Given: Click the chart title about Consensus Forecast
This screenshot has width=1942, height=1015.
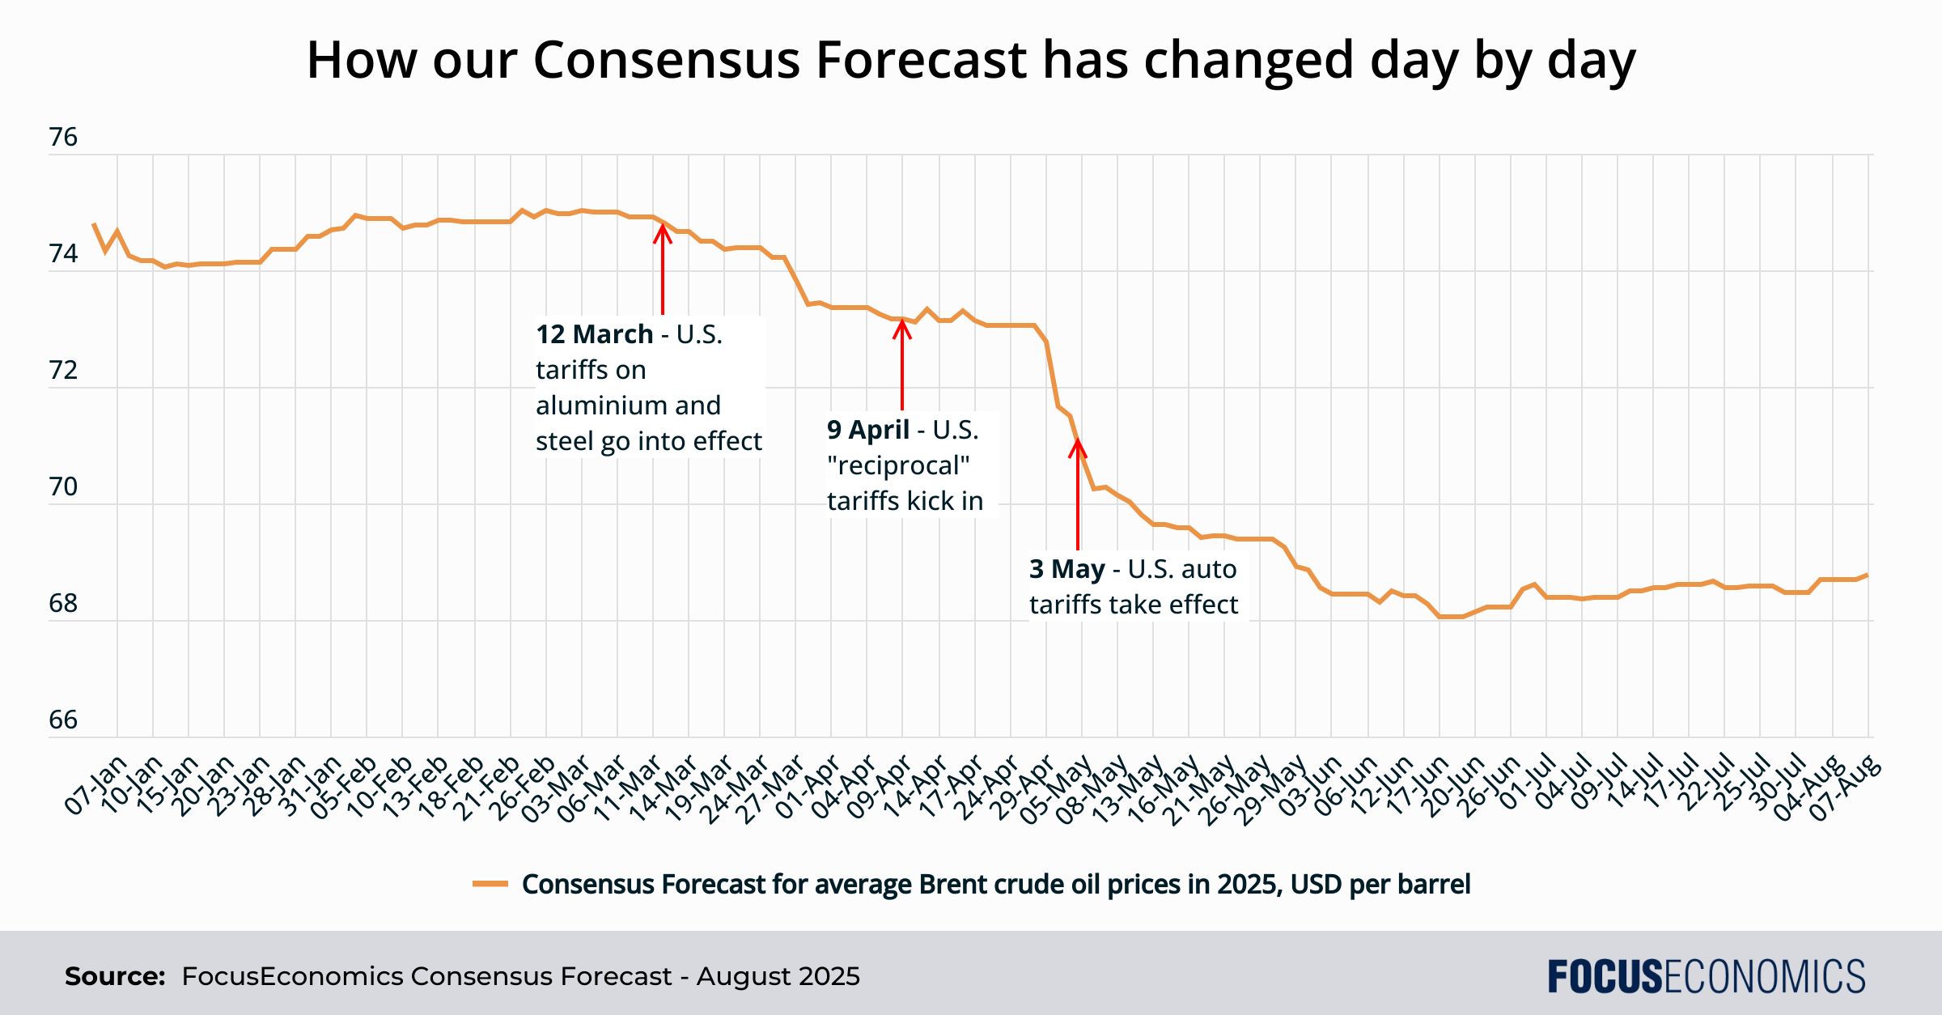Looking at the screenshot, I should click(x=971, y=60).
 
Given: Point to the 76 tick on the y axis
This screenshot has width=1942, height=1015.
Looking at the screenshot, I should click(x=63, y=138).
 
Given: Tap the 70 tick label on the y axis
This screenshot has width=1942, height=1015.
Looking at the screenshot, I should click(x=63, y=487).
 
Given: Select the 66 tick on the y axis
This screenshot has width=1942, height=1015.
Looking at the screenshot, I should click(x=63, y=720).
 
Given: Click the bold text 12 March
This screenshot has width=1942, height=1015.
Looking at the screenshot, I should click(x=595, y=334).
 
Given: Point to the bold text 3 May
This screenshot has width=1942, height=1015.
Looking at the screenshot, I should click(x=1066, y=569).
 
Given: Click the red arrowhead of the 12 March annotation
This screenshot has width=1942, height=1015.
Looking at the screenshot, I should click(x=663, y=232).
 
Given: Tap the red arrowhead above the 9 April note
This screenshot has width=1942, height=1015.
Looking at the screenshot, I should click(x=902, y=328).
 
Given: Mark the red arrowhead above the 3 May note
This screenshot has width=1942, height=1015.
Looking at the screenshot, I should click(x=1078, y=447).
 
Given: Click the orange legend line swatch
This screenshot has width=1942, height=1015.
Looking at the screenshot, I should click(x=490, y=884).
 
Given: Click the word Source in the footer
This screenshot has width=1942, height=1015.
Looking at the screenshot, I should click(x=114, y=976).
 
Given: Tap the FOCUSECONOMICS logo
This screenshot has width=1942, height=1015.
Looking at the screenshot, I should click(x=1707, y=976).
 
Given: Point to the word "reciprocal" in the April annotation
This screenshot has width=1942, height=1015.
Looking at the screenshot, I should click(x=898, y=465).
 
